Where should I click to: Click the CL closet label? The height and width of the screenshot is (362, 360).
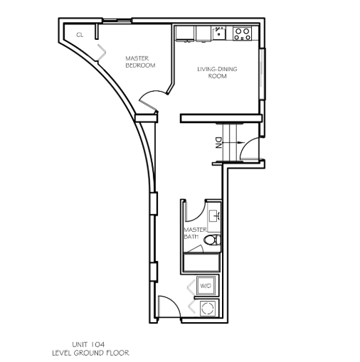(x=80, y=35)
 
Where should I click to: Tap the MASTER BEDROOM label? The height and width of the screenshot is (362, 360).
(x=140, y=62)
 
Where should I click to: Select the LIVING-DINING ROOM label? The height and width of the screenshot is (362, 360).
(x=217, y=73)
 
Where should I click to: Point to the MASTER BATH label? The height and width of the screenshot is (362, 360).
(x=195, y=233)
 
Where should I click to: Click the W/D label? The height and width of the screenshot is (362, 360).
(x=206, y=286)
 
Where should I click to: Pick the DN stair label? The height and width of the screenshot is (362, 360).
(x=218, y=143)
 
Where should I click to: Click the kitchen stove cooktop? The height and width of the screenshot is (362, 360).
(x=243, y=33)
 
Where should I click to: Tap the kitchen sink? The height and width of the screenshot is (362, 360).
(x=219, y=33)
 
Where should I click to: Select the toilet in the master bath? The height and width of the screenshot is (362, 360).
(x=212, y=240)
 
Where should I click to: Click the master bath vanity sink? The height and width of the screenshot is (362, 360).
(x=215, y=215)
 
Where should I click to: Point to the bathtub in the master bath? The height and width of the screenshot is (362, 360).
(x=201, y=262)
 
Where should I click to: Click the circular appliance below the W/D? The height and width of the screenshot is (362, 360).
(x=208, y=308)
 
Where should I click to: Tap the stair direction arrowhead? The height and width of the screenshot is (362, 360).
(x=241, y=142)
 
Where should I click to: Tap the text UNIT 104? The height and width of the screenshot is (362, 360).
(x=88, y=344)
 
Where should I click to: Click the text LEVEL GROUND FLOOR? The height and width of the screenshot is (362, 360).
(x=91, y=353)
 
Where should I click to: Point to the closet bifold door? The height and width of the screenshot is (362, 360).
(x=102, y=53)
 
